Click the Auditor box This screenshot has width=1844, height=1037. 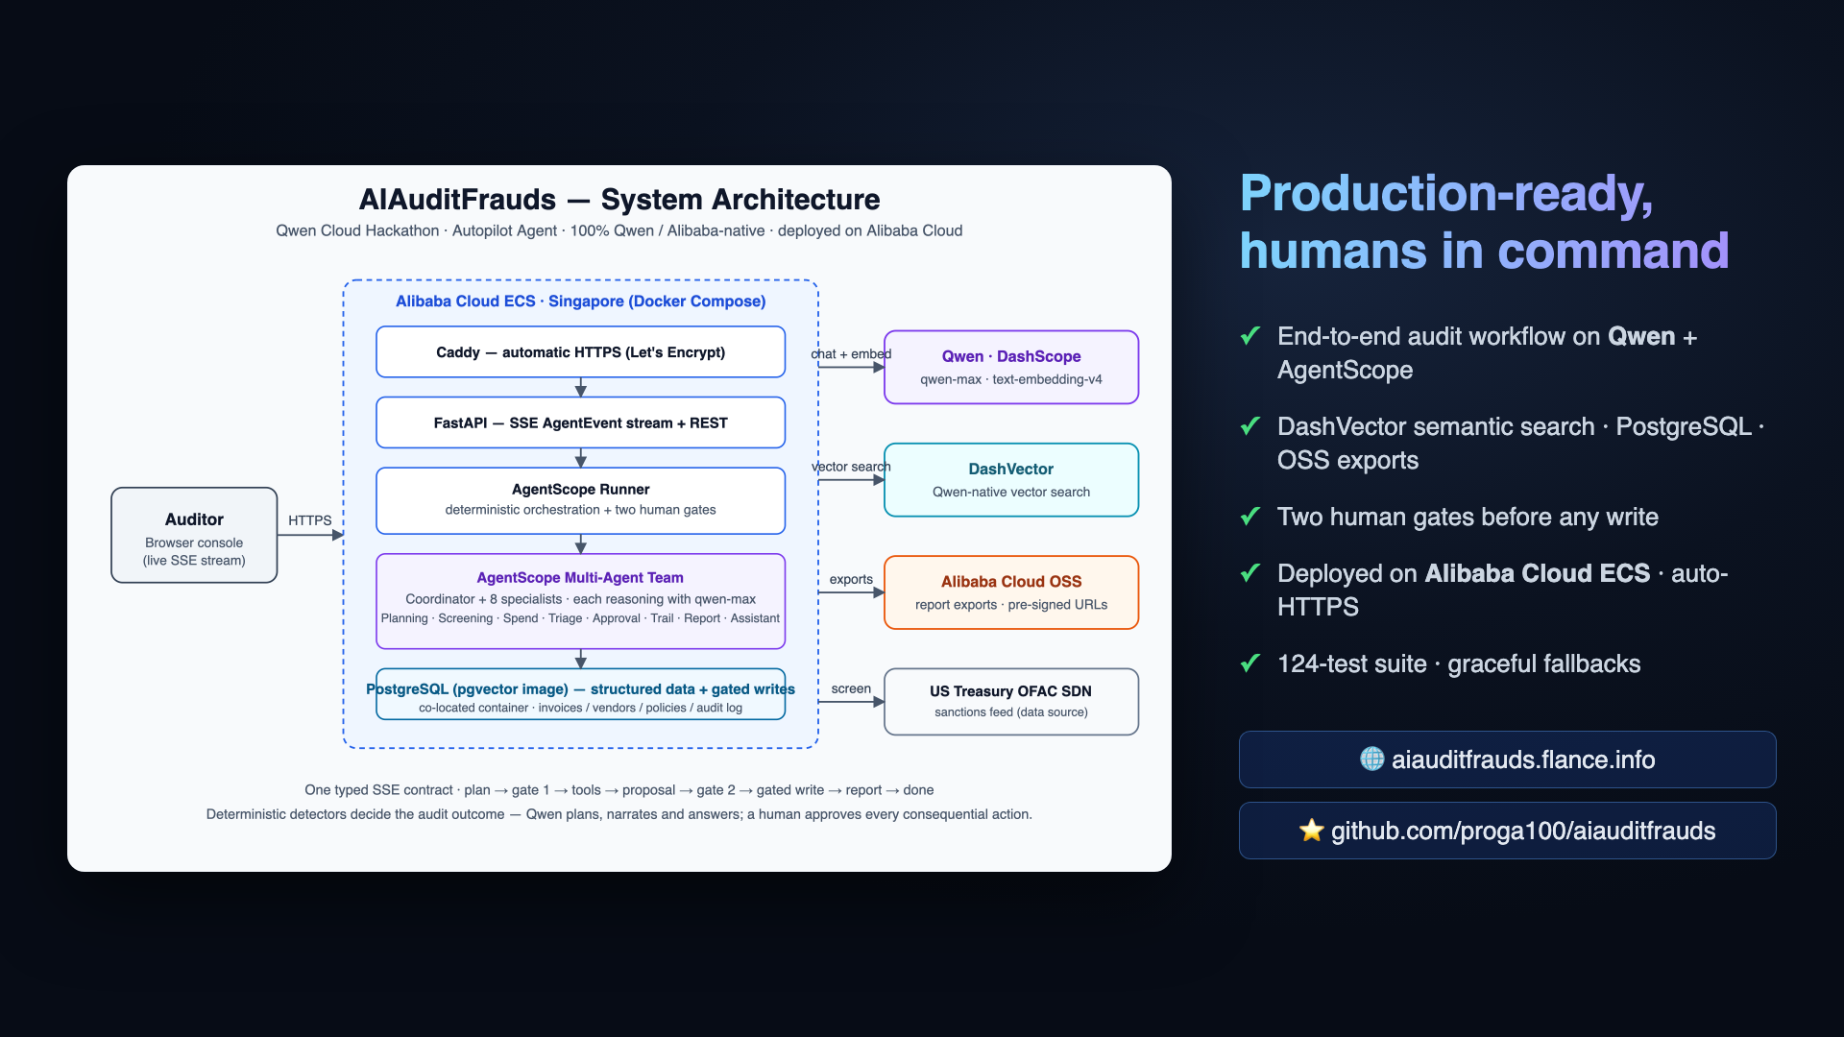click(194, 535)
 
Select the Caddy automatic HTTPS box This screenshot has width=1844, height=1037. click(580, 352)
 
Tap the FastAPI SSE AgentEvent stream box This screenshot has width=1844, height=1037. click(580, 422)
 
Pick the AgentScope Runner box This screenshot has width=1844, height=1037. click(580, 500)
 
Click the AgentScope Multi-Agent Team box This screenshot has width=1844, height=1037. click(580, 601)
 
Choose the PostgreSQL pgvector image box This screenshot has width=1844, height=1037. click(580, 694)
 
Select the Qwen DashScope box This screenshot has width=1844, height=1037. click(1011, 367)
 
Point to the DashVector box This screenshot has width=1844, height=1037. click(1011, 480)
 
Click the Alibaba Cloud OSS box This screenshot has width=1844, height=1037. click(1011, 592)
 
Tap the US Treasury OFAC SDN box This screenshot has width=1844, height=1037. click(1011, 702)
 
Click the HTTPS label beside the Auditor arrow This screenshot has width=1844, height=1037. click(309, 520)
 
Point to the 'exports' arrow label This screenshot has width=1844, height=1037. click(851, 579)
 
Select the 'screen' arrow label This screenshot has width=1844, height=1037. click(851, 688)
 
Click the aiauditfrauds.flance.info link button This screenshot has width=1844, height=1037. click(1508, 760)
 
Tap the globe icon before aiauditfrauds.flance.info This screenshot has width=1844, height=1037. click(1372, 759)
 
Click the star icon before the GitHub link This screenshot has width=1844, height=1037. click(1312, 831)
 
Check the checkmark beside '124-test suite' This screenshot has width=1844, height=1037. click(1250, 663)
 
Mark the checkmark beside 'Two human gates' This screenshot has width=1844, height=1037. click(1250, 516)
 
